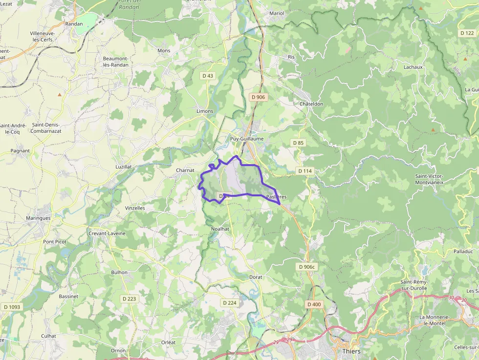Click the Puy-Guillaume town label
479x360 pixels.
[x=247, y=139]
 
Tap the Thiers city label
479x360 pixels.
[x=351, y=351]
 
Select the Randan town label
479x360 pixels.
[x=74, y=23]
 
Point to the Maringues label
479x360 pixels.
[x=38, y=218]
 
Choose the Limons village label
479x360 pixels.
[x=205, y=111]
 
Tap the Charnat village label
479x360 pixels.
[x=185, y=170]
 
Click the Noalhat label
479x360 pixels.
[x=220, y=229]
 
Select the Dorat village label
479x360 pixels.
[x=256, y=277]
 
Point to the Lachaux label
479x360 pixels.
[x=413, y=67]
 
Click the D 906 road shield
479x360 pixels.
[x=258, y=97]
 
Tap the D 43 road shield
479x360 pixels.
[x=208, y=76]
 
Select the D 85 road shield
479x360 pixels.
[x=298, y=143]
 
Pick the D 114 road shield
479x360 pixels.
[x=305, y=171]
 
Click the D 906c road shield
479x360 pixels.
[x=307, y=267]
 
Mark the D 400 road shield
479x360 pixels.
[x=314, y=304]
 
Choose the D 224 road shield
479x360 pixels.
[x=230, y=303]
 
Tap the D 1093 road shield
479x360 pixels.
[x=12, y=307]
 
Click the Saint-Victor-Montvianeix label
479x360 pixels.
[x=429, y=179]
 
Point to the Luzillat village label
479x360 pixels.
[x=123, y=167]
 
